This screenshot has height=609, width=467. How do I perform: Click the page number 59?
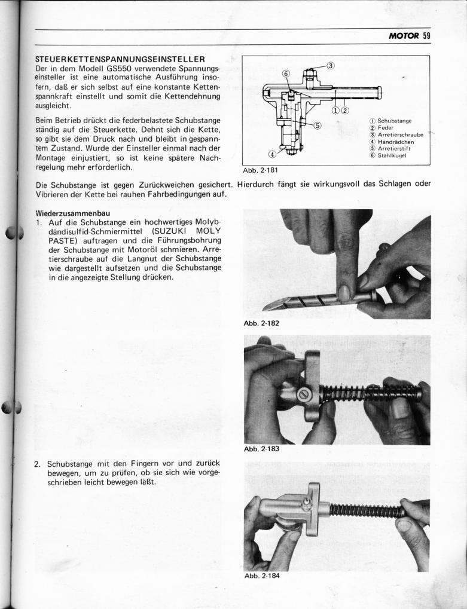[426, 35]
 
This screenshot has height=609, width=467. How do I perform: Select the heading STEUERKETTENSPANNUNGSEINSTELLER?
[120, 59]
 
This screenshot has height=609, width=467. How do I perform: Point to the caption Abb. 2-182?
[261, 323]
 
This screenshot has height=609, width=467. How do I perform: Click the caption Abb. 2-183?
[261, 449]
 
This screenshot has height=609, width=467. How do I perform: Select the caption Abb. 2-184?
[261, 576]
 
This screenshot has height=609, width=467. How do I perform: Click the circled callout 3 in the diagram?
[331, 66]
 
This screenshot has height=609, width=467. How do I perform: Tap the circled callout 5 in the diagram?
[317, 126]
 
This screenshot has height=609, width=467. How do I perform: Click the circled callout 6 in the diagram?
[286, 74]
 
